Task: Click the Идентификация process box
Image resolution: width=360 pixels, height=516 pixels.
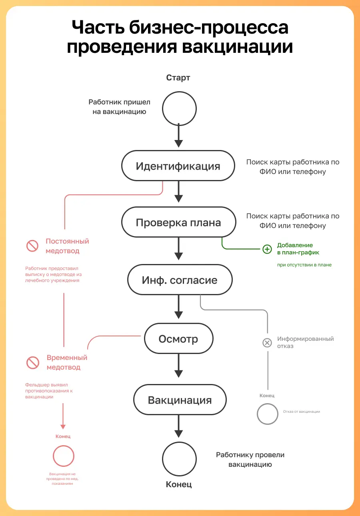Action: pyautogui.click(x=178, y=166)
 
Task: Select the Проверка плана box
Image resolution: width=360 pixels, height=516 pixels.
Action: pyautogui.click(x=178, y=222)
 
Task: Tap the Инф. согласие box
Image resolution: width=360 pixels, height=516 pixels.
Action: pyautogui.click(x=180, y=280)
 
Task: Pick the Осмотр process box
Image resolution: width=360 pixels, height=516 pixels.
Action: pyautogui.click(x=178, y=339)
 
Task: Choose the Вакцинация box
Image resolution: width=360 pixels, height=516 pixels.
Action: pyautogui.click(x=180, y=400)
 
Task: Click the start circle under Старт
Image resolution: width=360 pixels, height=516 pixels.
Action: pyautogui.click(x=179, y=108)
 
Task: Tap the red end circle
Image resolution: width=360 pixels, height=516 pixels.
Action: pyautogui.click(x=64, y=456)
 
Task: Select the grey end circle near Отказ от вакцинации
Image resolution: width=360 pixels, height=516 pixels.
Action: pyautogui.click(x=267, y=414)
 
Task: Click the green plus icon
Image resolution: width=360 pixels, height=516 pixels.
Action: pyautogui.click(x=267, y=249)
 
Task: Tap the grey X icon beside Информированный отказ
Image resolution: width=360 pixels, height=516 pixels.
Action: pyautogui.click(x=267, y=342)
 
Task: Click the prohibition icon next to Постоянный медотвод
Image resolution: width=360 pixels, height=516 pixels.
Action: pyautogui.click(x=32, y=246)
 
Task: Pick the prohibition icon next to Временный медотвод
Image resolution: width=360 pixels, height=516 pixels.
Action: pyautogui.click(x=32, y=363)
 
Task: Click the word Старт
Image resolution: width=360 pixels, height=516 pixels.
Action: pyautogui.click(x=178, y=78)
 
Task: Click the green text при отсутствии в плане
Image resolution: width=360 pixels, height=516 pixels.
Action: pyautogui.click(x=304, y=265)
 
